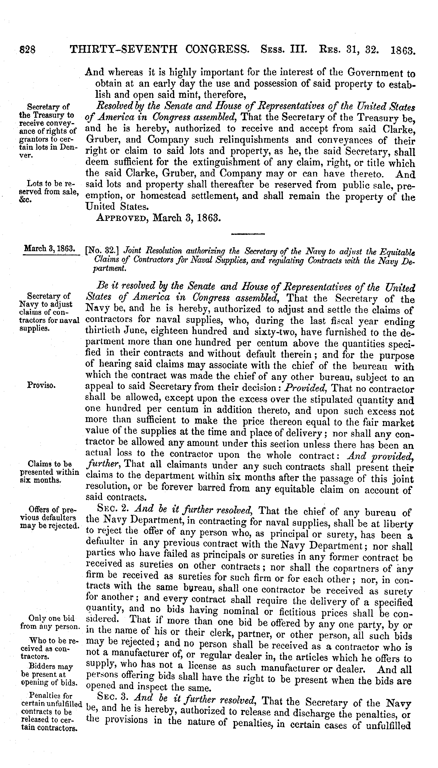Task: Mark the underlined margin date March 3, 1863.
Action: click(x=49, y=249)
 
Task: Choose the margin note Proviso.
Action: click(x=41, y=385)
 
